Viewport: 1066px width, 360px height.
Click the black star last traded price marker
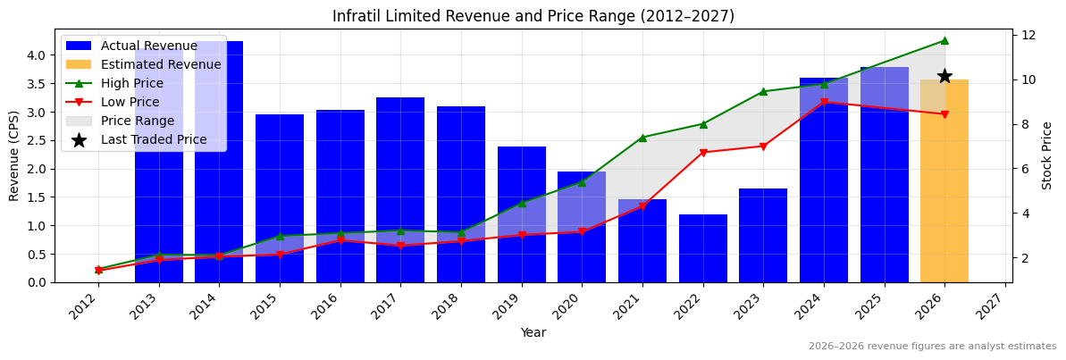[944, 77]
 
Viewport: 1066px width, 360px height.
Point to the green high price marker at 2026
[944, 40]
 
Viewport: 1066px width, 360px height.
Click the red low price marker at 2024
[824, 102]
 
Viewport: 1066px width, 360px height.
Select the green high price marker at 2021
[642, 138]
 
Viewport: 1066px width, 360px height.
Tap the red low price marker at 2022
[703, 153]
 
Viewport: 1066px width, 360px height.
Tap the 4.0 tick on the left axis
[36, 55]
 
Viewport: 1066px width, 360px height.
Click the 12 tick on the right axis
[1028, 35]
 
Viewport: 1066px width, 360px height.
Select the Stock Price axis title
[1047, 155]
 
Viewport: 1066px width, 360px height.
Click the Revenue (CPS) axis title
[14, 155]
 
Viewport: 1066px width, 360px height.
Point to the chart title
[533, 16]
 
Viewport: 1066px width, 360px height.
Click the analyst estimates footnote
[932, 347]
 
